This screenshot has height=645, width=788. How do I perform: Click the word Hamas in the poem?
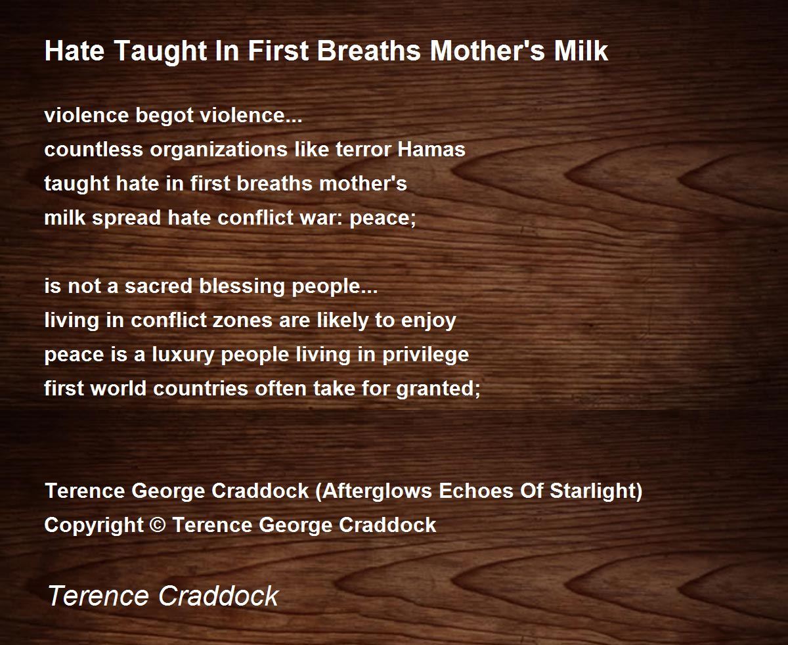431,149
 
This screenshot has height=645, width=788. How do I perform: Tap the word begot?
164,116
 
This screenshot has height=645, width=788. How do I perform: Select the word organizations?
219,150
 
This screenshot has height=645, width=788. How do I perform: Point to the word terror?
363,150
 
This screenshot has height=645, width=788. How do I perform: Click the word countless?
93,149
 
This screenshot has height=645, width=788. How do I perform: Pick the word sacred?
158,286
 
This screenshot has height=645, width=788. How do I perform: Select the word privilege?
426,355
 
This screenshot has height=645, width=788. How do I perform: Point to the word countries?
201,389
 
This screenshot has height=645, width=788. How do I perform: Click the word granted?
438,389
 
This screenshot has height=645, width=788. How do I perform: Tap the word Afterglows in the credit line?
374,492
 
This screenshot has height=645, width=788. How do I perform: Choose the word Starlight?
596,492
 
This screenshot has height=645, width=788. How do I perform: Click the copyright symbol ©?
158,525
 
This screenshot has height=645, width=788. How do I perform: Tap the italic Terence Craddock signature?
164,596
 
